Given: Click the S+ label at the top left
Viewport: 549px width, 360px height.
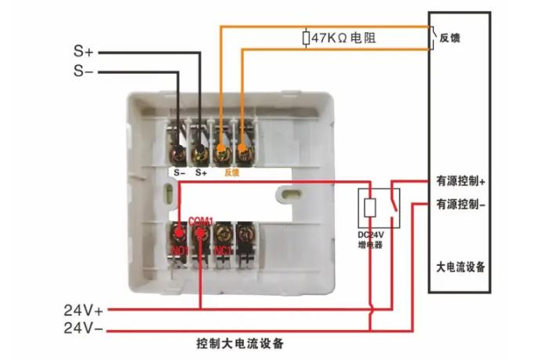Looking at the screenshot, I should click(84, 52).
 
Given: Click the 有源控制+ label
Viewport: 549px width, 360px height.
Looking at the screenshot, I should click(461, 180).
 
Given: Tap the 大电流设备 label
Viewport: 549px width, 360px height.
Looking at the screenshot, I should click(461, 267).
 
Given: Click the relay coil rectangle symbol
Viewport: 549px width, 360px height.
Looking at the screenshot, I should click(370, 207).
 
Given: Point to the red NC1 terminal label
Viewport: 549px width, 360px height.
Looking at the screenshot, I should click(223, 250).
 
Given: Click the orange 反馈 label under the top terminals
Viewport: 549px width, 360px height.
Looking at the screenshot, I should click(231, 172).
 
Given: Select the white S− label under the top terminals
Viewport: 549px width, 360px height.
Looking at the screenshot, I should click(179, 172).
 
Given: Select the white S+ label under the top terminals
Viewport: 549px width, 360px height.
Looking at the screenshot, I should click(201, 172).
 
